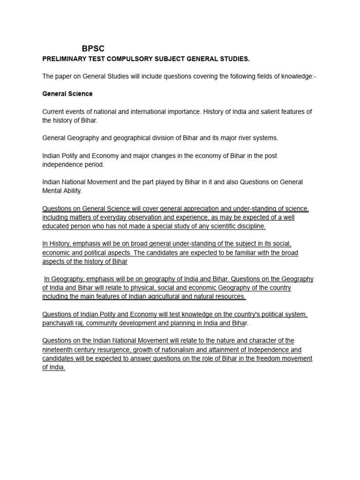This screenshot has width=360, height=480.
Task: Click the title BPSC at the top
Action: pos(93,49)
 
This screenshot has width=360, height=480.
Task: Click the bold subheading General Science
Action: pos(67,94)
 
